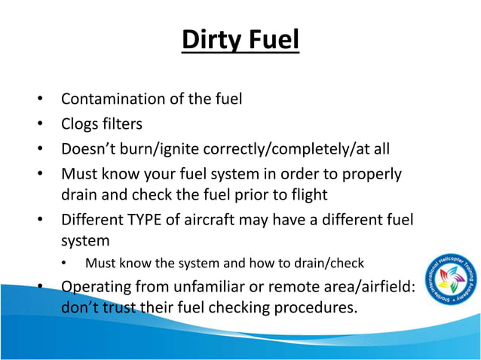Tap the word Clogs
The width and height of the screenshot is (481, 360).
[x=80, y=124]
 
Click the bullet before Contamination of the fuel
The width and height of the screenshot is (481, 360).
[x=37, y=99]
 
